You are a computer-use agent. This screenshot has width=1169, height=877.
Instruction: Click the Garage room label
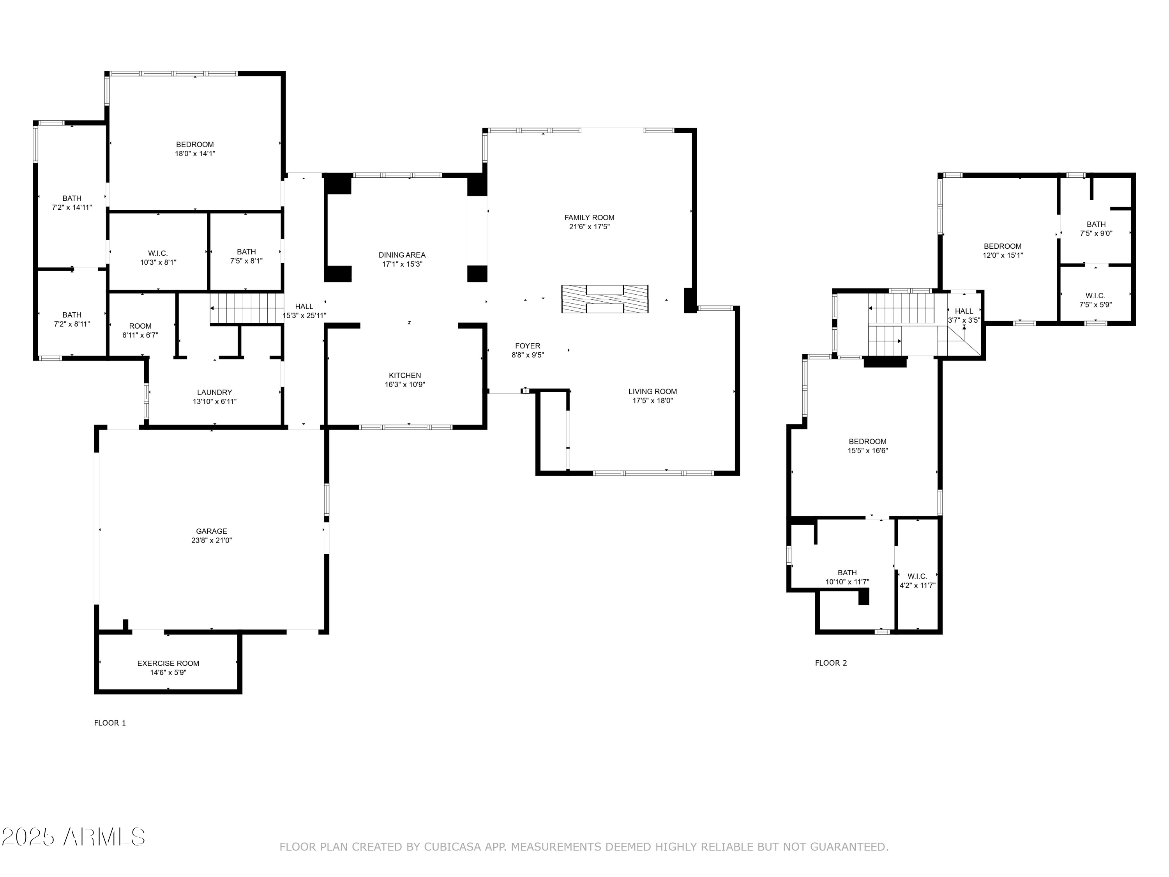click(211, 531)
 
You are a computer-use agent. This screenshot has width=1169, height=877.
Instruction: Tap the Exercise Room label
click(168, 663)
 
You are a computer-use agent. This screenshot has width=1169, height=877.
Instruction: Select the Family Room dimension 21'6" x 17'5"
click(589, 227)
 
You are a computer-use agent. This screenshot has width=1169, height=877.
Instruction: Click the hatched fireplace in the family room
click(605, 299)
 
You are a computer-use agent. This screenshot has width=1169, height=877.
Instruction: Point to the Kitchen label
click(405, 375)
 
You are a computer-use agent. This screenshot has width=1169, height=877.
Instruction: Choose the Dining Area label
click(402, 255)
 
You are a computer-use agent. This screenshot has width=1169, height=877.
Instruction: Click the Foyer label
click(528, 346)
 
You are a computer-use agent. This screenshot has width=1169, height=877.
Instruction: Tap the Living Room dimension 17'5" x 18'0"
click(652, 401)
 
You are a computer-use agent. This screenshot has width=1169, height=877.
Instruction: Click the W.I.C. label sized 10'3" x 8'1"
click(158, 257)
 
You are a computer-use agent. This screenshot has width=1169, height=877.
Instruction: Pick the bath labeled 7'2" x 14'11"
click(72, 203)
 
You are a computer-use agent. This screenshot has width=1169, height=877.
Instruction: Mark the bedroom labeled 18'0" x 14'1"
click(195, 149)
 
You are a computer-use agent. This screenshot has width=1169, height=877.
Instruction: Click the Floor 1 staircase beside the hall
click(247, 308)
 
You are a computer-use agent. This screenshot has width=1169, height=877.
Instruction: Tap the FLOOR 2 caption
click(831, 663)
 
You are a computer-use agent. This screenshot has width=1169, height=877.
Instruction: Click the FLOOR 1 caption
click(110, 723)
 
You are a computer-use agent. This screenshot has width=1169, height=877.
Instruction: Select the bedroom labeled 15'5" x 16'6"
click(867, 446)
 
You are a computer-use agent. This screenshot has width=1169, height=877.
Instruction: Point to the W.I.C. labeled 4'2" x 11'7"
click(917, 580)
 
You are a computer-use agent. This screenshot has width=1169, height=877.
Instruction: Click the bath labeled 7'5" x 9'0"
click(1096, 228)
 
